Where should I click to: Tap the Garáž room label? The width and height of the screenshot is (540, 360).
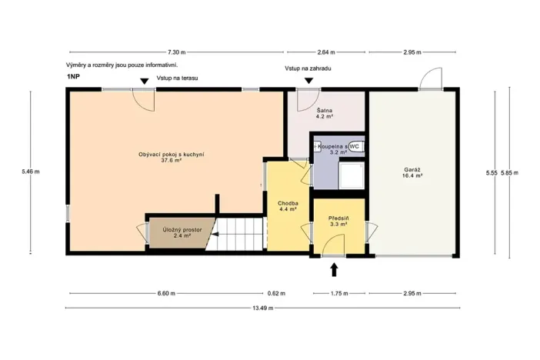click(x=411, y=172)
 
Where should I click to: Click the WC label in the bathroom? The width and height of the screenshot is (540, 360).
click(x=355, y=145)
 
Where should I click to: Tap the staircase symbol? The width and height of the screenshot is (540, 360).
click(x=238, y=235)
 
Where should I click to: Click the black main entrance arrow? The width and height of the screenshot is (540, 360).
click(x=334, y=268)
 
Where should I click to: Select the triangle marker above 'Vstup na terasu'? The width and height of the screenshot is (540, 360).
click(x=145, y=81)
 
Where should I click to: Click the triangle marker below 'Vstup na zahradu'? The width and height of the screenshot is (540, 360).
click(x=308, y=80)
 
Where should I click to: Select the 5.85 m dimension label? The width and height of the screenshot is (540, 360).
click(x=509, y=173)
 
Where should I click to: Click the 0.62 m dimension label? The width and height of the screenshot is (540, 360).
click(x=276, y=293)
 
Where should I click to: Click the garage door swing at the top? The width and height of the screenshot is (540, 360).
click(x=430, y=78)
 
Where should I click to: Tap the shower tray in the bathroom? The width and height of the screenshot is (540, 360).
click(x=354, y=175)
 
